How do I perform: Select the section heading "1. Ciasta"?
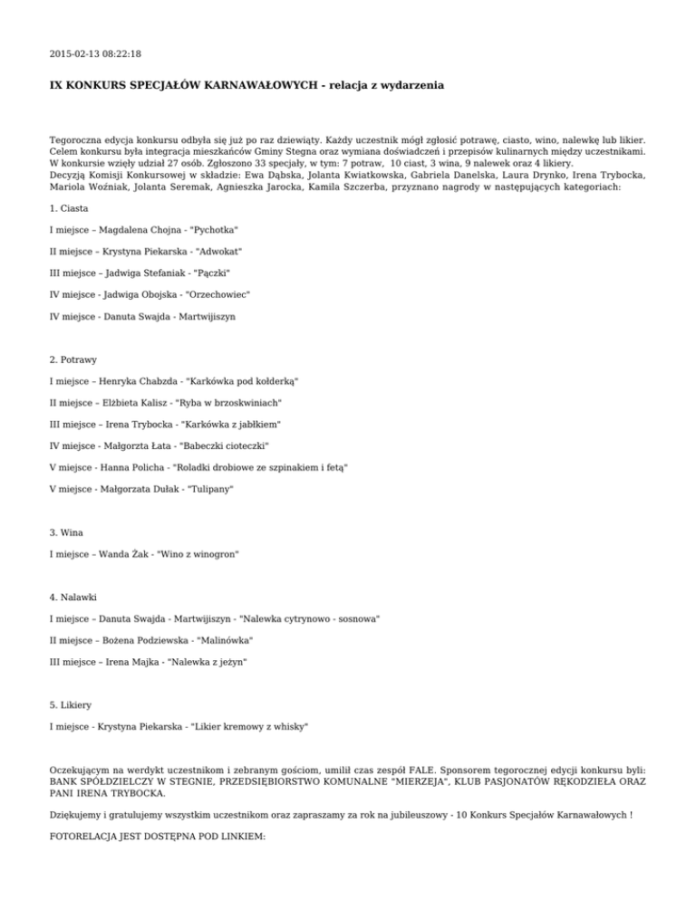coord(70,208)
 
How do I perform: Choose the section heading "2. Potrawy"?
coord(74,359)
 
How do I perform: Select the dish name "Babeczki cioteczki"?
coord(225,445)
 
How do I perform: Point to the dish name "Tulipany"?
coord(209,488)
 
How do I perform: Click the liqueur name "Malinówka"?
coord(224,639)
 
